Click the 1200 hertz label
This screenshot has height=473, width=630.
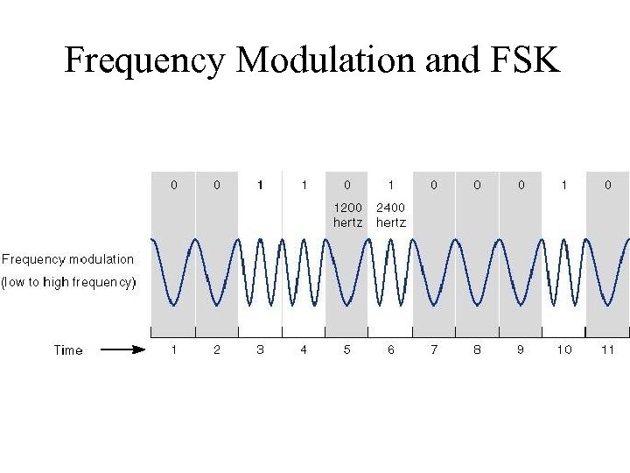347,215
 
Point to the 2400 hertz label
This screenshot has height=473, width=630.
391,215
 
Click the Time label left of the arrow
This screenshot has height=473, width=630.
68,350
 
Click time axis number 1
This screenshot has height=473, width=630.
173,349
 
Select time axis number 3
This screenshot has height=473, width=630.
260,349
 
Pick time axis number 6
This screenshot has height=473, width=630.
390,349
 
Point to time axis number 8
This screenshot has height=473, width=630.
477,349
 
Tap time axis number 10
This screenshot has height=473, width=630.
564,349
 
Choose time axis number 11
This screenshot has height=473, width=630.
608,349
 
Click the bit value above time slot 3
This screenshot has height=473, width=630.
260,185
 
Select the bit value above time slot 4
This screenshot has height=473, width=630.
304,185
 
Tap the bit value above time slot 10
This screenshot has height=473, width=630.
564,185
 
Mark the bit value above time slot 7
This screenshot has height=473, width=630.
434,185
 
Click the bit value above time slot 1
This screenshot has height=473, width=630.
173,185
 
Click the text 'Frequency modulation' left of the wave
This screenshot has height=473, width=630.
68,259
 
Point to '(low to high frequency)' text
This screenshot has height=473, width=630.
69,282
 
